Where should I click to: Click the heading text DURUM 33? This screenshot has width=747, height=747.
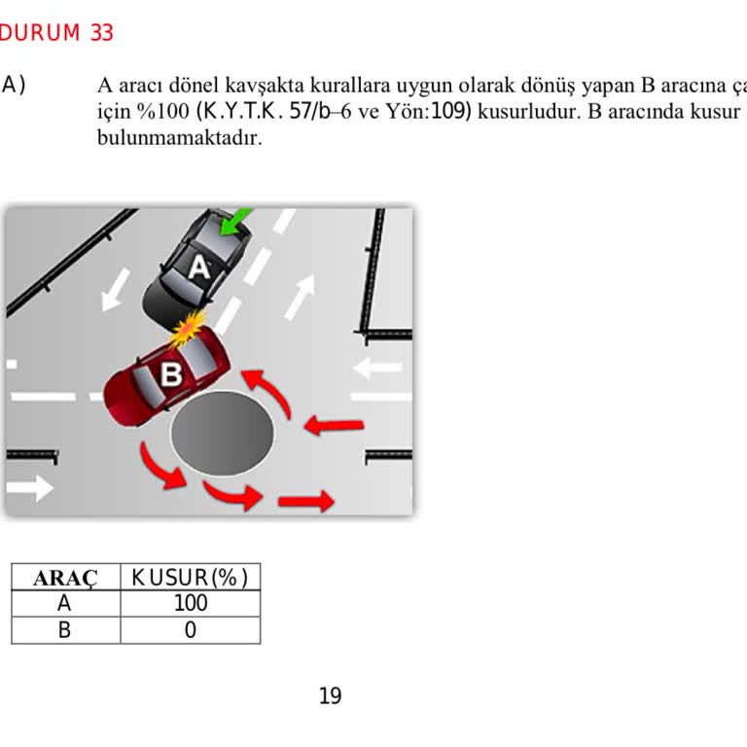pyautogui.click(x=57, y=33)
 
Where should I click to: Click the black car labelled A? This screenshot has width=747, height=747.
pyautogui.click(x=197, y=267)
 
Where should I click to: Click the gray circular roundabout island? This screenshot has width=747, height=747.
pyautogui.click(x=224, y=434)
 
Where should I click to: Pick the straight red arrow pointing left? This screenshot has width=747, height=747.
pyautogui.click(x=335, y=425)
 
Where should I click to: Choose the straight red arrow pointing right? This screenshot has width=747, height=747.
pyautogui.click(x=305, y=502)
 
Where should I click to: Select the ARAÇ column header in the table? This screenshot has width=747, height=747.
pyautogui.click(x=65, y=578)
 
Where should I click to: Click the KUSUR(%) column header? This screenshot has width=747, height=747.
pyautogui.click(x=190, y=578)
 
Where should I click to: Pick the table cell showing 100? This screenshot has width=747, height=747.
pyautogui.click(x=190, y=604)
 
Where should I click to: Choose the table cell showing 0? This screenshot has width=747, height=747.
pyautogui.click(x=190, y=630)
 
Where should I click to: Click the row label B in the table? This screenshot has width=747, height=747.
pyautogui.click(x=65, y=630)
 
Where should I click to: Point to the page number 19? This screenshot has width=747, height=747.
pyautogui.click(x=330, y=695)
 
